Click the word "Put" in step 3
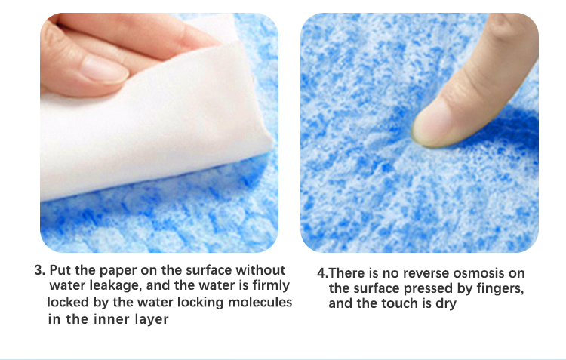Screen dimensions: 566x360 (x=60, y=270)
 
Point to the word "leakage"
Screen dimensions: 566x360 (x=115, y=286)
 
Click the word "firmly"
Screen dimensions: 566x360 (x=271, y=285)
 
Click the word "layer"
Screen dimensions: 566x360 (x=152, y=320)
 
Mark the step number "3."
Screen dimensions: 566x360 (x=40, y=270)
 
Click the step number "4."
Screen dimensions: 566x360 (x=323, y=273)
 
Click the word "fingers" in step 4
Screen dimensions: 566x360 (x=500, y=289)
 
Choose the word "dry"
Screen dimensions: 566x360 (x=446, y=304)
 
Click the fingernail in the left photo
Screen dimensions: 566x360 (x=104, y=69)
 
